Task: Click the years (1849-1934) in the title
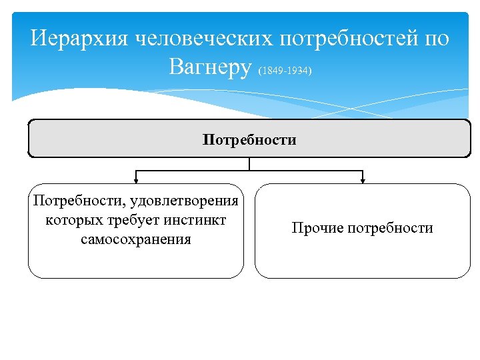[x=285, y=70]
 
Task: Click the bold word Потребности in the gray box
[x=249, y=140]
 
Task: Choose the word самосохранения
[x=136, y=239]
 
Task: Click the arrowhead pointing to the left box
[x=137, y=179]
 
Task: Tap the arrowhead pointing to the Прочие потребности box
[x=363, y=179]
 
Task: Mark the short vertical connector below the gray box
[x=249, y=164]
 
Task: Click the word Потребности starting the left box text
[x=71, y=201]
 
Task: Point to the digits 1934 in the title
[x=299, y=70]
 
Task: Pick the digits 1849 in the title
[x=271, y=70]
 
